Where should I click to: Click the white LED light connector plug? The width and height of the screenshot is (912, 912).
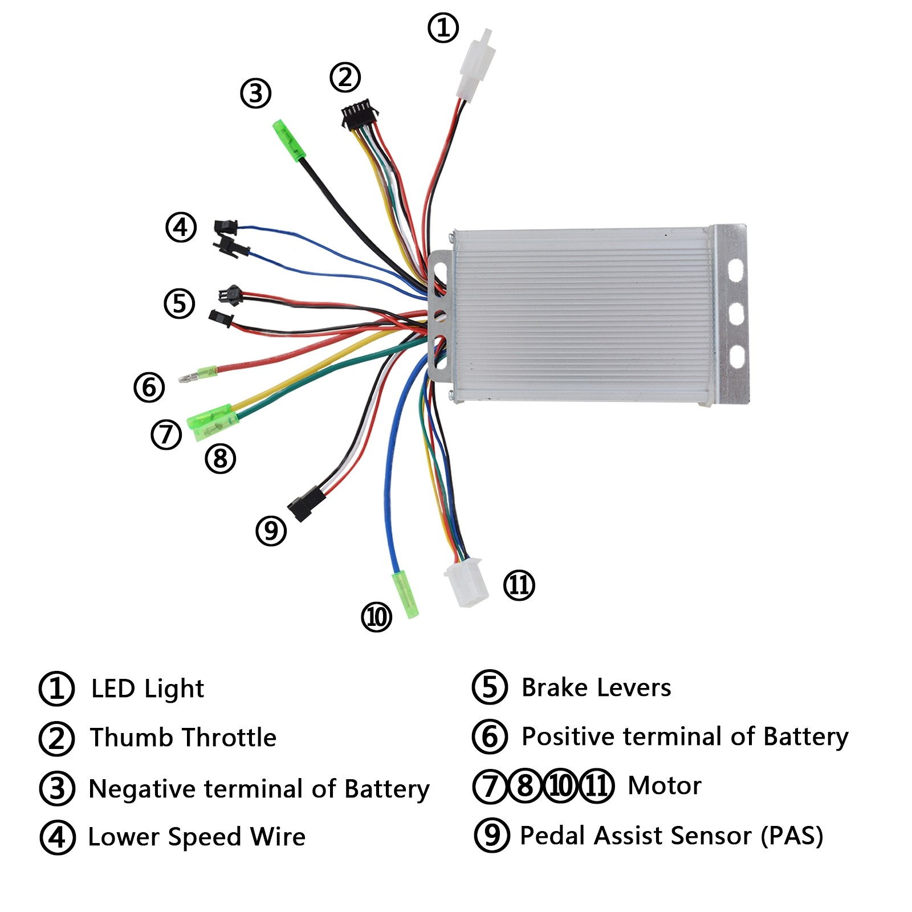tap(475, 66)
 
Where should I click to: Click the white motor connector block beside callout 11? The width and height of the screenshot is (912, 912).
tap(466, 583)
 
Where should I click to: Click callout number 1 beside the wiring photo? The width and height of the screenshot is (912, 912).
tap(443, 27)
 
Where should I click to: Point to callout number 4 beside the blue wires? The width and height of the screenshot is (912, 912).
tap(181, 227)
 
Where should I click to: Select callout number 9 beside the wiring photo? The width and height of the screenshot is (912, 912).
tap(271, 531)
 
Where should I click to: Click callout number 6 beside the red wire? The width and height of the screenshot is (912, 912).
tap(149, 387)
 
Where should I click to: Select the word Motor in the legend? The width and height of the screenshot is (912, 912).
tap(665, 785)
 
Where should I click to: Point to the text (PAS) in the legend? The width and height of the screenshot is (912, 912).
tap(792, 836)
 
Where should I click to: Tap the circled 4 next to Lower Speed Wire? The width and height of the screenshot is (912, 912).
tap(57, 837)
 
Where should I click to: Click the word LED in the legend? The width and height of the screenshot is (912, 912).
tap(113, 689)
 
